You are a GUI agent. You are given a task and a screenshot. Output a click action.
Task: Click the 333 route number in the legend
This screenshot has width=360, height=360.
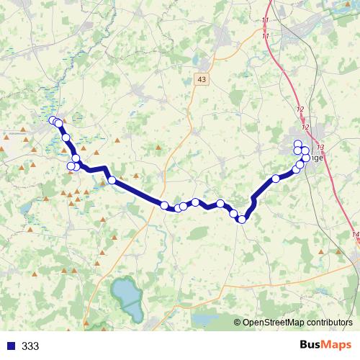pyautogui.click(x=31, y=346)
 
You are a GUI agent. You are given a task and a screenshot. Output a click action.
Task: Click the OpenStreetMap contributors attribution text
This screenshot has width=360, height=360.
pyautogui.click(x=298, y=323)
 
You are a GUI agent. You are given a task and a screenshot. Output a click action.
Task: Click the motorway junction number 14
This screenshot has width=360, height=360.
pyautogui.click(x=356, y=235)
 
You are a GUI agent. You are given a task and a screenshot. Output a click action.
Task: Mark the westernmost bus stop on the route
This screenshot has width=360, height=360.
pyautogui.click(x=53, y=120)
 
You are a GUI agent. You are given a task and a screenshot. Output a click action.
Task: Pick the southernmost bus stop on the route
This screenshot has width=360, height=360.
pyautogui.click(x=242, y=220)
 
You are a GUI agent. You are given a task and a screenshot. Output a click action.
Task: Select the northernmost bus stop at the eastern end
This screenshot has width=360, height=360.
pyautogui.click(x=297, y=143)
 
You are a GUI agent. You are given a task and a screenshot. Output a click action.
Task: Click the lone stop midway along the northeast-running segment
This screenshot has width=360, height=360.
pyautogui.click(x=276, y=179)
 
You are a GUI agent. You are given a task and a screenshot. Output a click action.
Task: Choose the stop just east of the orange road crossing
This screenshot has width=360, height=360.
pyautogui.click(x=165, y=205)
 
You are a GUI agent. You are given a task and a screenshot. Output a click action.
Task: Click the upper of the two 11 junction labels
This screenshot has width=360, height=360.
pyautogui.click(x=266, y=20)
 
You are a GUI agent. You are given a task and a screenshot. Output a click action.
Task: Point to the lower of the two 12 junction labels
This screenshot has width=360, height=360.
pyautogui.click(x=305, y=127)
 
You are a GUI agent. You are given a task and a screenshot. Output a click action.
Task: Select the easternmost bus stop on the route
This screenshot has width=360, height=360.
pyautogui.click(x=306, y=158)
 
